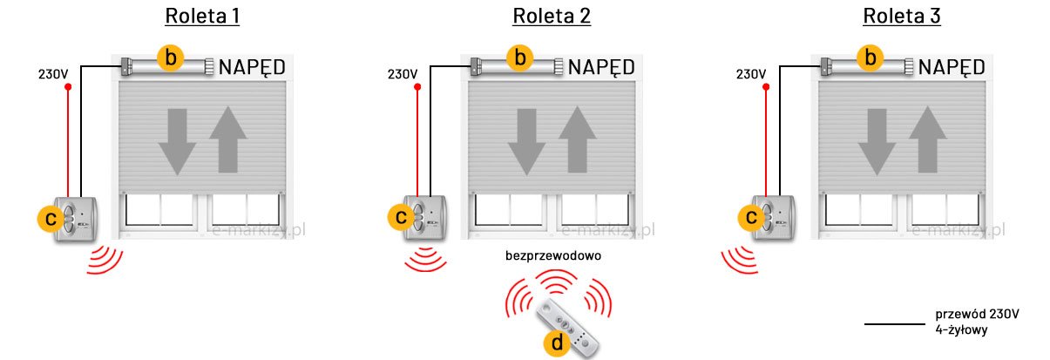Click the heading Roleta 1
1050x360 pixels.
click(x=203, y=17)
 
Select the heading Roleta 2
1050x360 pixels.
click(x=552, y=17)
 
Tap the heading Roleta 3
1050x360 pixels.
click(x=902, y=17)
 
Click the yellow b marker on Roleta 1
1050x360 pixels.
click(x=172, y=58)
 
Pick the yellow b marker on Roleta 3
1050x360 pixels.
click(x=869, y=58)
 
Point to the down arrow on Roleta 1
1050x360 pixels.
click(x=178, y=141)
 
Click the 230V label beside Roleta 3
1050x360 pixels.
click(x=750, y=73)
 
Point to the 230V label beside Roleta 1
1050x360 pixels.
click(x=53, y=73)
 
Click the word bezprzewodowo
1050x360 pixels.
click(x=553, y=256)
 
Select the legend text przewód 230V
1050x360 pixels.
click(x=976, y=314)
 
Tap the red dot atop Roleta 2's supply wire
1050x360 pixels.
click(x=417, y=87)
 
